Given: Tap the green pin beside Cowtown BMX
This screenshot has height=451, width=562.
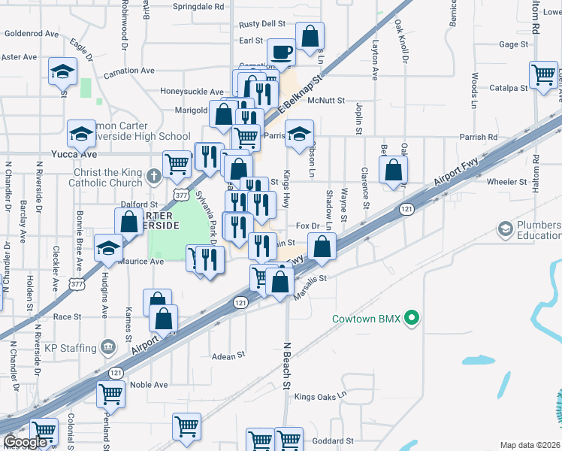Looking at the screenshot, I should pos(411,319).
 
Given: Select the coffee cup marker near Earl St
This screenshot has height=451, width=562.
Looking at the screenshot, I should pos(282,53).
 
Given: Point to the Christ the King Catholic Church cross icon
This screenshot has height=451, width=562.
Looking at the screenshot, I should pos(153,177).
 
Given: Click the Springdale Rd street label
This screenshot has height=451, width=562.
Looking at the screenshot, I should pos(198,6).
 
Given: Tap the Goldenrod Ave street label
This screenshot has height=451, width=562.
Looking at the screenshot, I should pos(32,34).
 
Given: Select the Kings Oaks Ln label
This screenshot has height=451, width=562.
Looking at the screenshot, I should pos(321,396).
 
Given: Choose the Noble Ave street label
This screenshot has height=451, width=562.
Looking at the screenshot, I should pos(149,385).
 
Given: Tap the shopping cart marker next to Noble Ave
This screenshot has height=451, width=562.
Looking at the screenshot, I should pos(110,392).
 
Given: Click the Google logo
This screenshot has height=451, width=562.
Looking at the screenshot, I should pos(26,443).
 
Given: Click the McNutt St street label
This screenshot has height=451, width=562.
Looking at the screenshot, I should pos(325,100).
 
